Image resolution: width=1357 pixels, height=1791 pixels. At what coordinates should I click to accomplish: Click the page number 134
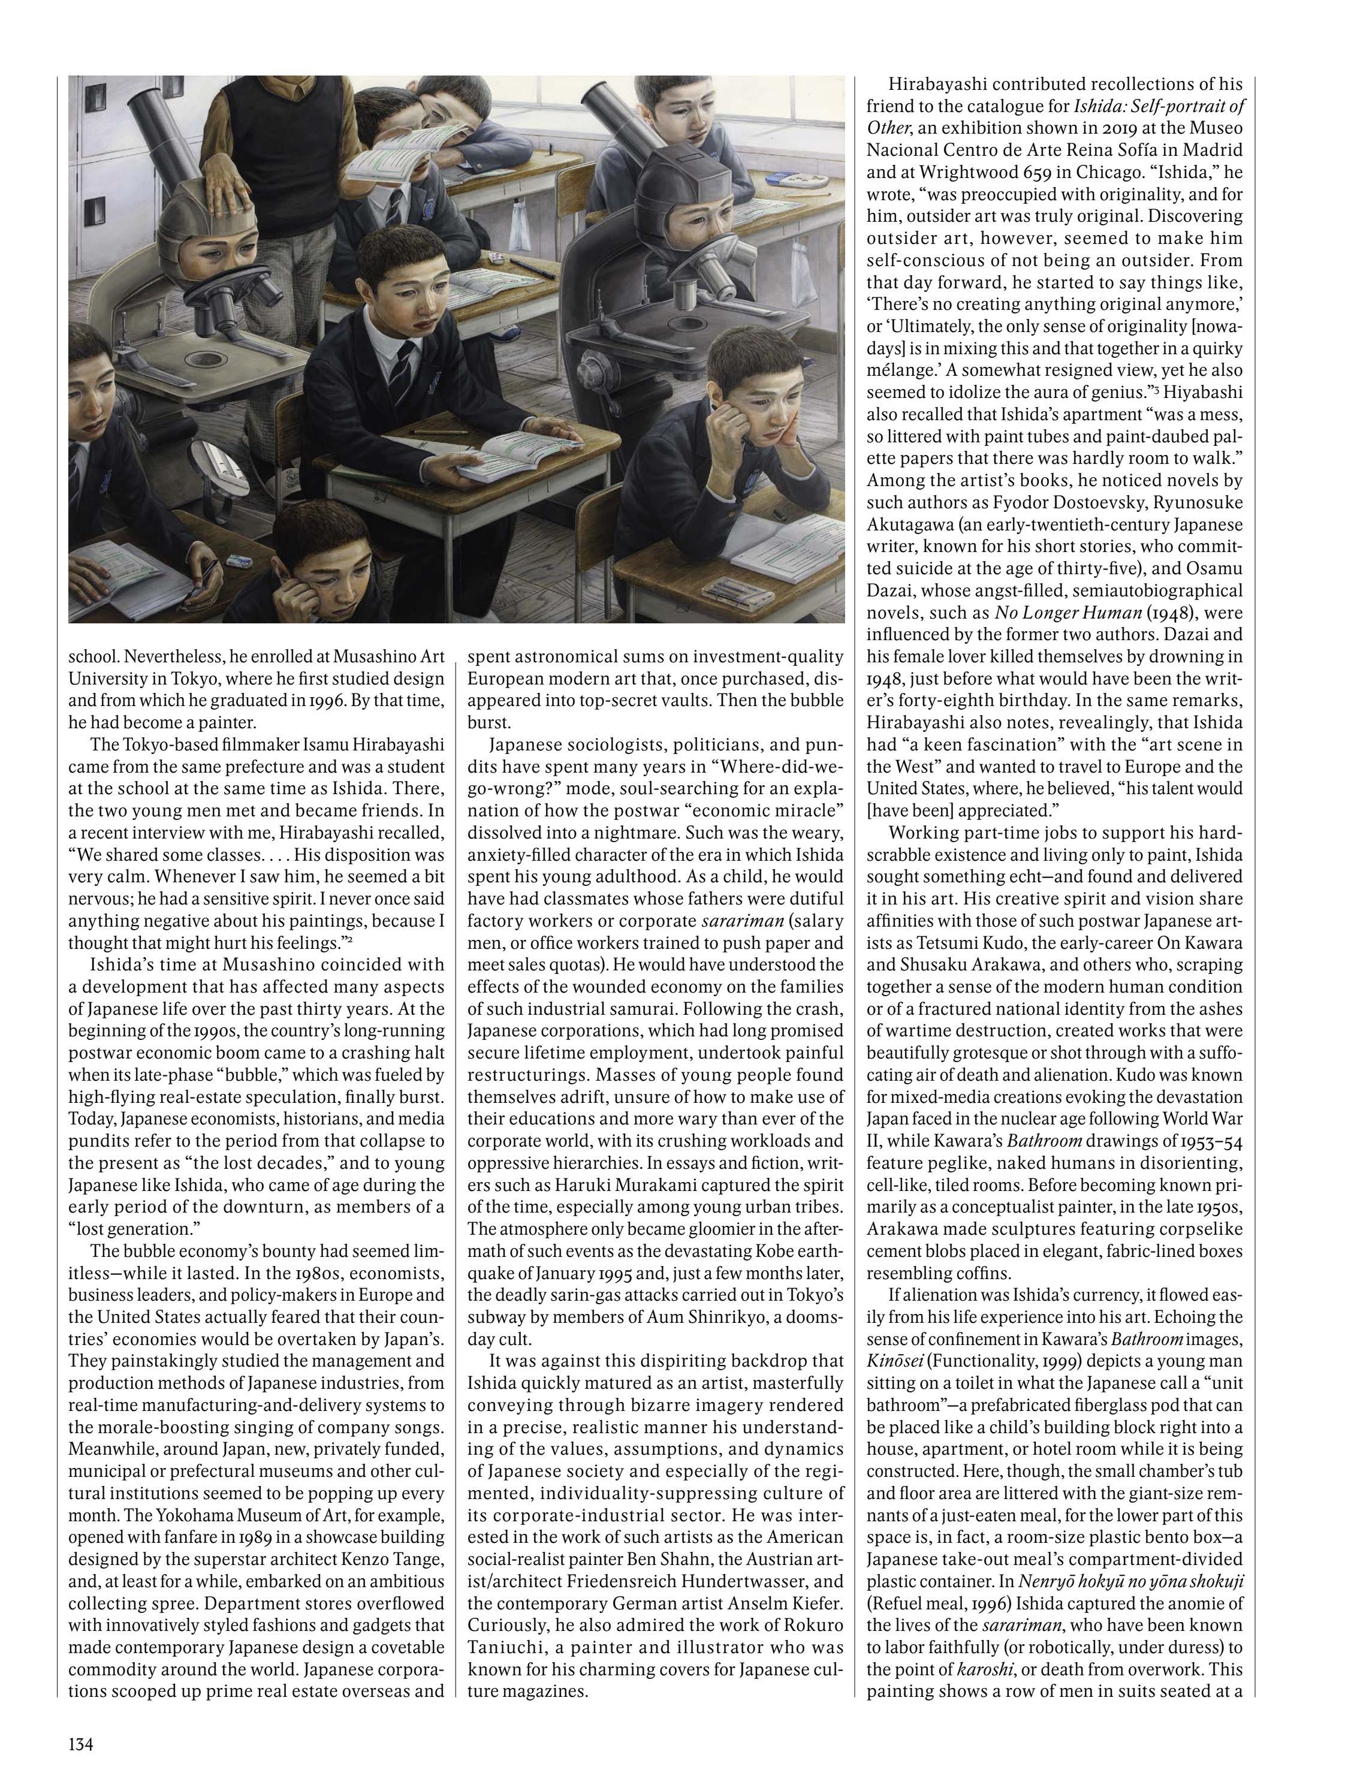click(x=81, y=1742)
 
